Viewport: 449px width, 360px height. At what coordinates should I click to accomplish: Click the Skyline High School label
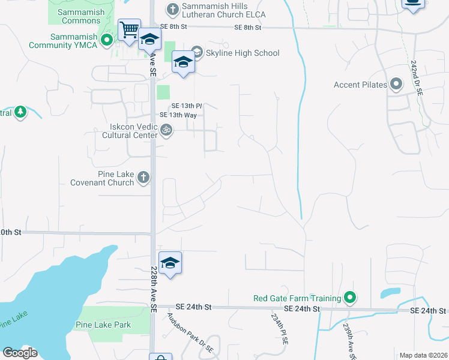pos(243,53)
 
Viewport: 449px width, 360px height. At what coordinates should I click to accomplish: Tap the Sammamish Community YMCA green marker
pos(107,41)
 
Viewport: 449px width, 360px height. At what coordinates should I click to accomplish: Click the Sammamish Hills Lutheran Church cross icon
pos(172,8)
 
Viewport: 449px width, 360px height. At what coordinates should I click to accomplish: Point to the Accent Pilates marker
pos(396,85)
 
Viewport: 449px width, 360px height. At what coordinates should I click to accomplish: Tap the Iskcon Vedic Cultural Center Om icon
pos(167,129)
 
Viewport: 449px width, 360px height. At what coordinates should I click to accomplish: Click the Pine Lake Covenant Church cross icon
pos(143,177)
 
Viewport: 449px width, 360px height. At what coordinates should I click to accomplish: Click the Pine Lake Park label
pos(103,325)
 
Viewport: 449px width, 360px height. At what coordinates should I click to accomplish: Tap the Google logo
pos(20,352)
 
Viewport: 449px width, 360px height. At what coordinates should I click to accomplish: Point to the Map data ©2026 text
pos(423,355)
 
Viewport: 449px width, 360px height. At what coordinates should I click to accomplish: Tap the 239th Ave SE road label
pos(348,340)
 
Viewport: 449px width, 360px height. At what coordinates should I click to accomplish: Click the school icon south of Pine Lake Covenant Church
pos(170,263)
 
